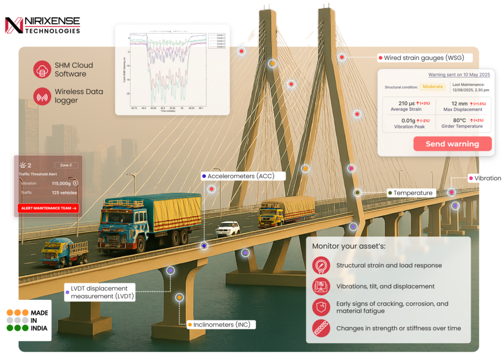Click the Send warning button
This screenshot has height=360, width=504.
coord(452,144)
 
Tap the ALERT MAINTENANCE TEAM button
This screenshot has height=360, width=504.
coord(48,208)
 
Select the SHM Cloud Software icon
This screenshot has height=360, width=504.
coord(43,69)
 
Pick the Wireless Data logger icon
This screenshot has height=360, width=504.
coord(43,97)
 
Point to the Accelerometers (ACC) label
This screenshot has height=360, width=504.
coord(241,176)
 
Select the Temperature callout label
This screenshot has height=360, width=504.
coord(413,193)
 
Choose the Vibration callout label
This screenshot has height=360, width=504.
coord(487,178)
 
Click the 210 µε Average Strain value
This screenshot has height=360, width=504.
coord(406,103)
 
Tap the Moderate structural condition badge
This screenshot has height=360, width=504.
coord(432,87)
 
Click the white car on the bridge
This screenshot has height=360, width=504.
coord(228,229)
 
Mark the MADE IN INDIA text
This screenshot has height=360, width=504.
coord(39,320)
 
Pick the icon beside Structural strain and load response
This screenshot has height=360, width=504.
coord(321,265)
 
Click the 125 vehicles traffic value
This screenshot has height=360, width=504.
coord(64,193)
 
